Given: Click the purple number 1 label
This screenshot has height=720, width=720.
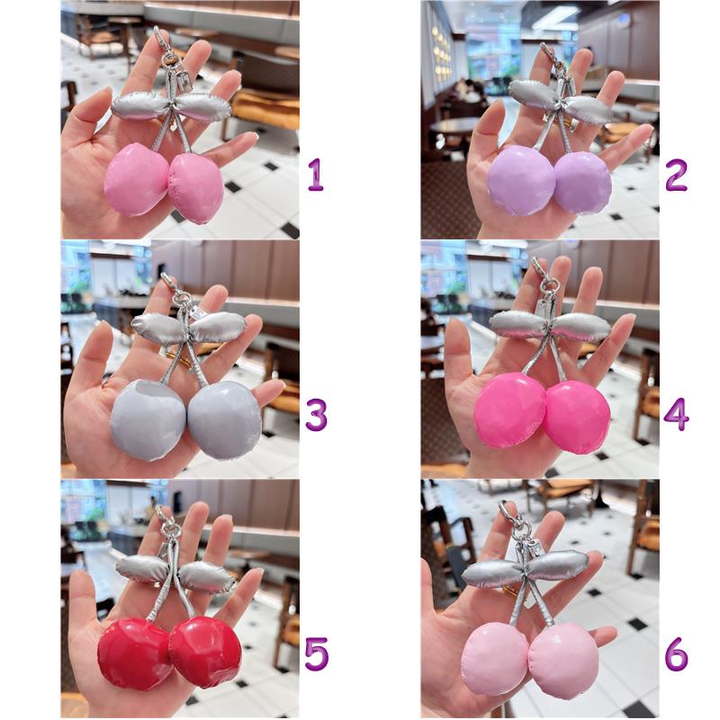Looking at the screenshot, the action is coord(316,175).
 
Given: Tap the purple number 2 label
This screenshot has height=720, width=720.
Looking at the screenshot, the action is coord(676,175).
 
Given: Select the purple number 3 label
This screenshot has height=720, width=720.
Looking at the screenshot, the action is coord(316,415).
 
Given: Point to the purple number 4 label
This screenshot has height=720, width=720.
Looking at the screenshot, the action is coord(676,415).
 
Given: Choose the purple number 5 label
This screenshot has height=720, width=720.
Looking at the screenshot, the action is coord(317,654).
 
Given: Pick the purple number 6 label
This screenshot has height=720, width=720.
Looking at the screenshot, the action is coord(677,654).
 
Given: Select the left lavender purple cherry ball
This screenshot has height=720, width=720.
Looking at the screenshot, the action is coord(521,181).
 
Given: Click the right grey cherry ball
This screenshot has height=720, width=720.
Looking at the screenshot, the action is coord(224,419).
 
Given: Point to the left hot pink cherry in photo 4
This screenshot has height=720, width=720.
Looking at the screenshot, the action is coord(510,410).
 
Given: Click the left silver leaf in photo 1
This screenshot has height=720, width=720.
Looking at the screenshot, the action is coord(140,105).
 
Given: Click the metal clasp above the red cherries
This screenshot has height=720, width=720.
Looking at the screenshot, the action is coord(166,522).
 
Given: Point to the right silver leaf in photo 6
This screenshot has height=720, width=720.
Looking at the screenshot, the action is coord(558,563).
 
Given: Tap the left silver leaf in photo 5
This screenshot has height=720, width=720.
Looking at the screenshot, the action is coord(140,569).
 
